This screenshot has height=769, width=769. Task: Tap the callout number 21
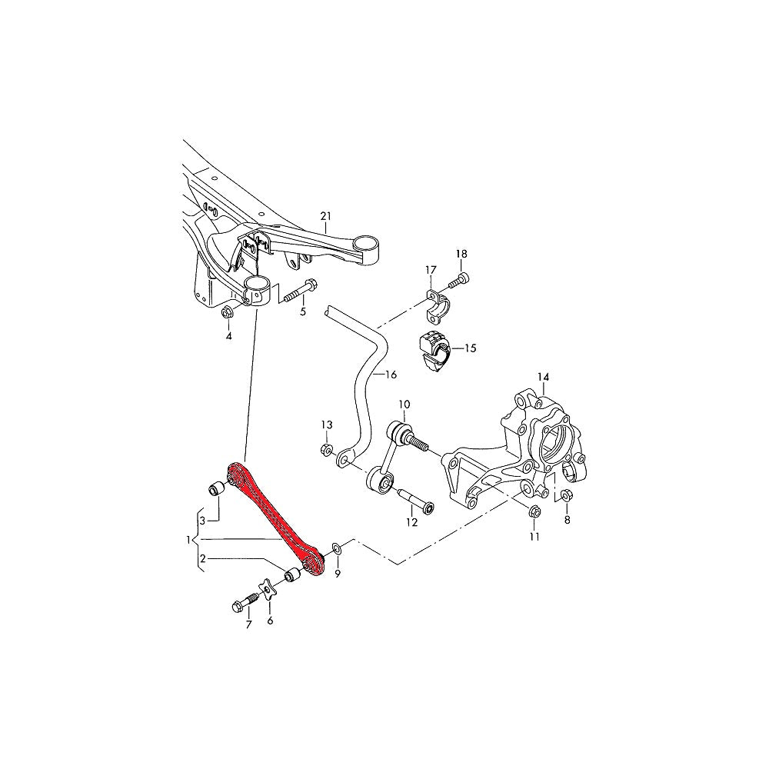(x=325, y=215)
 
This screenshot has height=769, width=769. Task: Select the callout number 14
(x=543, y=377)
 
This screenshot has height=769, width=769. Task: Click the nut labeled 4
(x=228, y=312)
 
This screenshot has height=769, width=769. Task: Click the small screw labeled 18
(x=460, y=281)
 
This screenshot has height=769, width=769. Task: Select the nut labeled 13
(x=325, y=450)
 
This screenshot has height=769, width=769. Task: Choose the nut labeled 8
(x=565, y=496)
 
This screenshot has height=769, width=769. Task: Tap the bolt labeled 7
(x=245, y=604)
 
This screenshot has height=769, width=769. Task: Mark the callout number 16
(x=390, y=375)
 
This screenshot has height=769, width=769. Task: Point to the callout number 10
(x=404, y=404)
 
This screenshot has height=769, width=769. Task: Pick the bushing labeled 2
(x=291, y=575)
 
